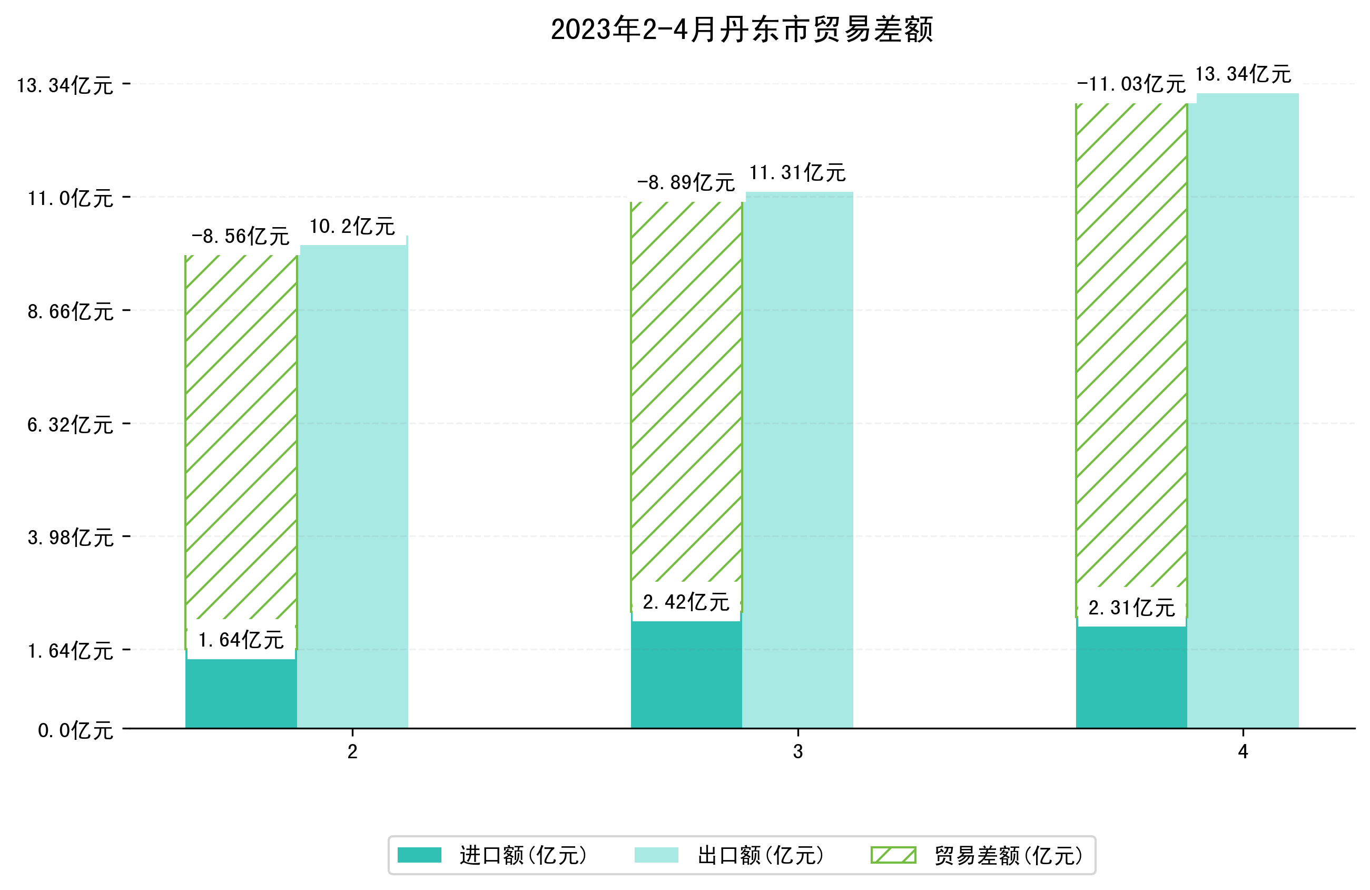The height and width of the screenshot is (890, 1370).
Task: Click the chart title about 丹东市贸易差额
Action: point(742,30)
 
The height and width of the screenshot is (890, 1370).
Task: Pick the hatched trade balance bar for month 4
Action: point(1131,346)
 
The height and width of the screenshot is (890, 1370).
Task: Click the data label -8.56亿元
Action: point(240,236)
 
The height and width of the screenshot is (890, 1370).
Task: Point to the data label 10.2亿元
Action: point(352,227)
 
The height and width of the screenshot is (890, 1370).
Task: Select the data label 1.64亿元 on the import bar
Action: point(241,639)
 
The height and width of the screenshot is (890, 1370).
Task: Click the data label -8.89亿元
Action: point(686,183)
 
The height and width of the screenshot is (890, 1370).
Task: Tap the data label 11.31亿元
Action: point(797,173)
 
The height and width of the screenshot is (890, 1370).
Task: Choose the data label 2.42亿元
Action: point(686,602)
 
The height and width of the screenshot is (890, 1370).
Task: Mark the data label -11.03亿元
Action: point(1131,84)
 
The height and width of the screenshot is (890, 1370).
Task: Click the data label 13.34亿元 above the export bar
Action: point(1244,74)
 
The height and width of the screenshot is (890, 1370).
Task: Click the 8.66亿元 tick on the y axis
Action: point(70,311)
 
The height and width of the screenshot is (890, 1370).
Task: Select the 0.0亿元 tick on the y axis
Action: point(75,730)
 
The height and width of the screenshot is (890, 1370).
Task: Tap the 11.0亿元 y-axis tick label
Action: point(70,199)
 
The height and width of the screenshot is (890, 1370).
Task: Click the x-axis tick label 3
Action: point(798,752)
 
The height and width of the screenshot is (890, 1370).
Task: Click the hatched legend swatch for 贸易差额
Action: point(893,855)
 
